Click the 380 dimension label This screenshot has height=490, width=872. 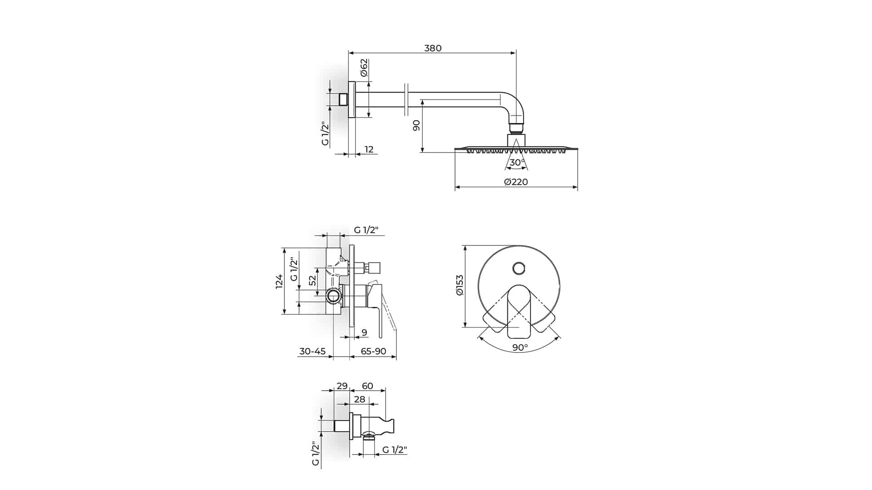pos(432,48)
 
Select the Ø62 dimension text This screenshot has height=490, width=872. pos(364,68)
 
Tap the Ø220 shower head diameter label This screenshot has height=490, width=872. pos(516,182)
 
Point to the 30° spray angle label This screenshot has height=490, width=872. pos(517,162)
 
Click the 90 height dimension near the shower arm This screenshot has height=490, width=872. pos(416,126)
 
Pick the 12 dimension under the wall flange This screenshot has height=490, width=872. pos(369,149)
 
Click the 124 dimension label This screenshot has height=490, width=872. pos(279,281)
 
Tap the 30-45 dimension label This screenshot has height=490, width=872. pos(312,351)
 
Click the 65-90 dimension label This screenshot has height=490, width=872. pos(373,351)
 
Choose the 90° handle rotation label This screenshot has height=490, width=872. pos(520,348)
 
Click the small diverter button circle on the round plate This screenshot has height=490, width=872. pos(519,268)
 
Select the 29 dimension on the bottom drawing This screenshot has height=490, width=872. pos(342,386)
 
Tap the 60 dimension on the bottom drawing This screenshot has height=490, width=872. pos(367,386)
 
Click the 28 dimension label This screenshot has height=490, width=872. pos(359,399)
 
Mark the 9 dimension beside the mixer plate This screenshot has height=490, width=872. pos(364,333)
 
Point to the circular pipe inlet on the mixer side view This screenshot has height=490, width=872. pos(333,296)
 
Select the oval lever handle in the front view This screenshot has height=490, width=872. pos(519,311)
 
